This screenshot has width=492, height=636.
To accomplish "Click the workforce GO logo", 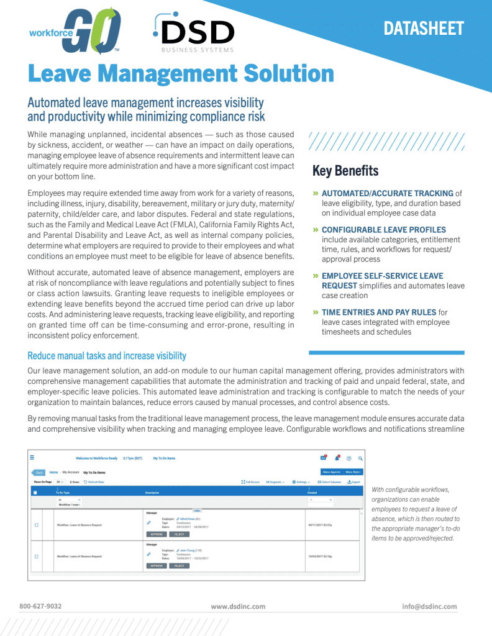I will (x=75, y=31).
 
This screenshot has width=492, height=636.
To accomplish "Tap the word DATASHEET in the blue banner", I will (x=424, y=29).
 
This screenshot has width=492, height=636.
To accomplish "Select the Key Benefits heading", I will (x=345, y=170).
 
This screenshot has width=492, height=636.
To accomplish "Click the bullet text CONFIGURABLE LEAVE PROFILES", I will (x=383, y=230).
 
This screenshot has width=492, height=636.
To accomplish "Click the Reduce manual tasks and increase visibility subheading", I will (x=107, y=356).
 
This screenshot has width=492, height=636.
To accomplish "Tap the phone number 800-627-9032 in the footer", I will (x=40, y=606).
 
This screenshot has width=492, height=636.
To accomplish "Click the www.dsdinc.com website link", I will (x=238, y=606).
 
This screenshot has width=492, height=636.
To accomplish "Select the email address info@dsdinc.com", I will (x=429, y=606).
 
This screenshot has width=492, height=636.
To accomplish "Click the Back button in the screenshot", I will (x=39, y=472).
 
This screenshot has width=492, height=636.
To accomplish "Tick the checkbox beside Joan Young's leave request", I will (x=36, y=556).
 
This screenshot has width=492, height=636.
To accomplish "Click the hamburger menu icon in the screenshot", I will (x=32, y=458).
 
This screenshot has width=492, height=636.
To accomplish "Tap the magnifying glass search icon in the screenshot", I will (x=360, y=458).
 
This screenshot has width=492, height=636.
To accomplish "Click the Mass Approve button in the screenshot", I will (x=330, y=472).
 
